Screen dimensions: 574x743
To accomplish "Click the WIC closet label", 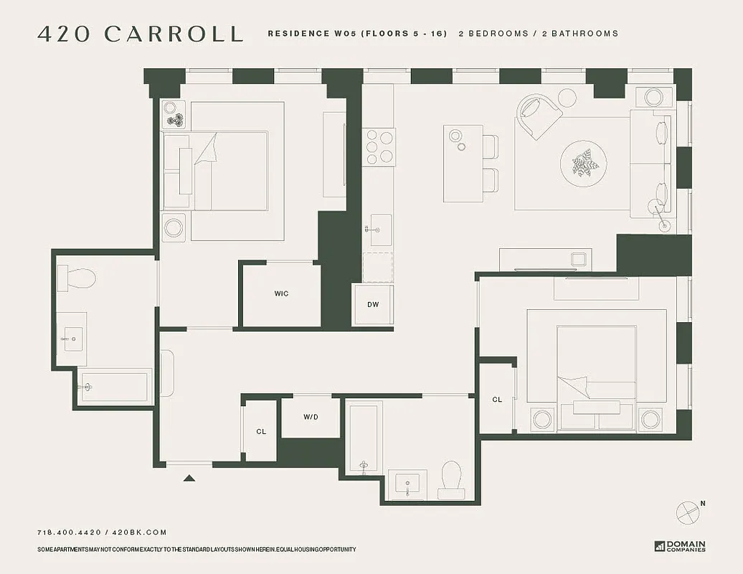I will [281, 293].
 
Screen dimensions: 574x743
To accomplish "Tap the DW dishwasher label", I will [373, 304].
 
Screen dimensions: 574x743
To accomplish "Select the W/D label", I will [311, 417].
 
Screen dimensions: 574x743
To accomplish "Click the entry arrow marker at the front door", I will [189, 478].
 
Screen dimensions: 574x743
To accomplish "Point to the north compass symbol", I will [688, 512].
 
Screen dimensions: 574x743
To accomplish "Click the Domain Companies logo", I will [680, 546].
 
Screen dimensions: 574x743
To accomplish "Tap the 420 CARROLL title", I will [140, 34].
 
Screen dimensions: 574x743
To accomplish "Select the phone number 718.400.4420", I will [70, 532].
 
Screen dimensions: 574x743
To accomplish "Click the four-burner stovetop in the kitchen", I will [378, 146].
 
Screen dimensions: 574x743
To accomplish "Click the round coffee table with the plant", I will [583, 163].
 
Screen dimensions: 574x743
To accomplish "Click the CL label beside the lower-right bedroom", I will [497, 400].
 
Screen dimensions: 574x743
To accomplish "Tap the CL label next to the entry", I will [261, 431].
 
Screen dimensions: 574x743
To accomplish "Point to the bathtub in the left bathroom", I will [115, 387].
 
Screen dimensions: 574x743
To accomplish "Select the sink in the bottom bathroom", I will [407, 484].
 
